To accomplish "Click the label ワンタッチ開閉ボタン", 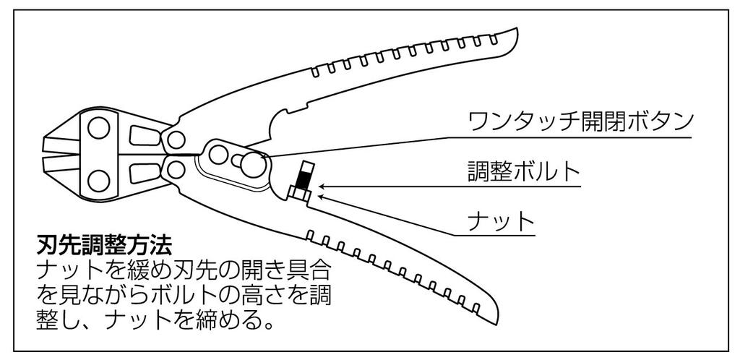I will [x=581, y=120].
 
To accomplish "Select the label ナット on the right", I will [x=500, y=219].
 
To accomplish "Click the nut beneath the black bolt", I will [x=300, y=193].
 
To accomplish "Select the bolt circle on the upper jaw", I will [x=97, y=131].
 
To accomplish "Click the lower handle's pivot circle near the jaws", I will [x=174, y=170].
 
